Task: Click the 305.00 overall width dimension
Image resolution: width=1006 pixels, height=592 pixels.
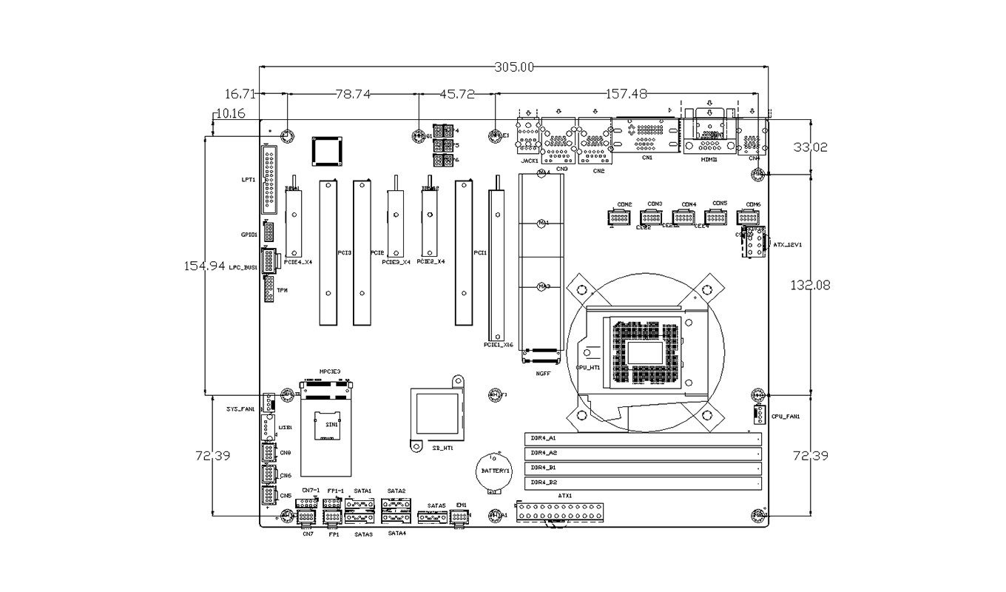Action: pyautogui.click(x=513, y=67)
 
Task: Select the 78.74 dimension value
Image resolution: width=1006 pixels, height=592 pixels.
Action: pyautogui.click(x=352, y=94)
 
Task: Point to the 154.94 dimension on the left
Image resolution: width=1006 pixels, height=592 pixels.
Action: pyautogui.click(x=204, y=266)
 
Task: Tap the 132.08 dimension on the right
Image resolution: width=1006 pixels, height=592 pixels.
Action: pyautogui.click(x=811, y=284)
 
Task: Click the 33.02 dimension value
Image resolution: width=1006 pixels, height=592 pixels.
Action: pyautogui.click(x=811, y=147)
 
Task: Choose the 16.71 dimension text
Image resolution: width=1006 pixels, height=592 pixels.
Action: pyautogui.click(x=240, y=94)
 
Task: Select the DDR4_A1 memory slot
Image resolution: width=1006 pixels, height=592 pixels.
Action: pyautogui.click(x=643, y=438)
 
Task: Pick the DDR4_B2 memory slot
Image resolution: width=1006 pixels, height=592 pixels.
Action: pyautogui.click(x=643, y=483)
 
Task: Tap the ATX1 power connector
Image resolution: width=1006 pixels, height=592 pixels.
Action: pyautogui.click(x=561, y=511)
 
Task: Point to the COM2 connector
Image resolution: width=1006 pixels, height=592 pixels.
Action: pyautogui.click(x=618, y=218)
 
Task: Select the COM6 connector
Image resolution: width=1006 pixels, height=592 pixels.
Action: pyautogui.click(x=748, y=218)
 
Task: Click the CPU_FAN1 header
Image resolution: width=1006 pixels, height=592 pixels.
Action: pyautogui.click(x=758, y=416)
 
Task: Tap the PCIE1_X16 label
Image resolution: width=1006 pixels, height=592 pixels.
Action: pyautogui.click(x=499, y=345)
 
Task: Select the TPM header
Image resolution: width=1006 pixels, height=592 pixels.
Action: pyautogui.click(x=269, y=289)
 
